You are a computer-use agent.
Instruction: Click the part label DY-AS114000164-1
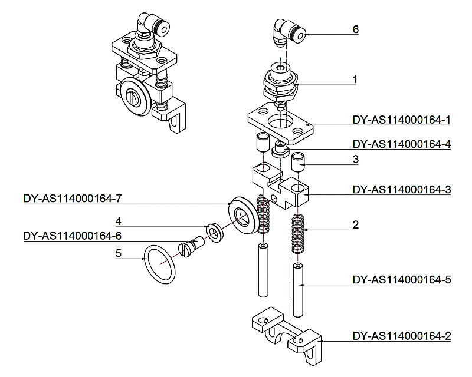coord(401,120)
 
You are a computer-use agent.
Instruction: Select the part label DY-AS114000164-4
coord(401,144)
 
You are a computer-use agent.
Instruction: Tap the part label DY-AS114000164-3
coord(401,190)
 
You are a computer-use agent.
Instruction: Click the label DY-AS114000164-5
coord(401,279)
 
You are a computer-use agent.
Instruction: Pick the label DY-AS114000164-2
coord(401,336)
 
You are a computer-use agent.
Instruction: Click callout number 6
coord(355,29)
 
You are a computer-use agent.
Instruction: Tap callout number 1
coord(355,79)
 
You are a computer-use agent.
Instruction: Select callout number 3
coord(355,159)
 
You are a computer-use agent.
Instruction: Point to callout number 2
coord(355,224)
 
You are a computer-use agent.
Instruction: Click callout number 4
coord(119,221)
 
